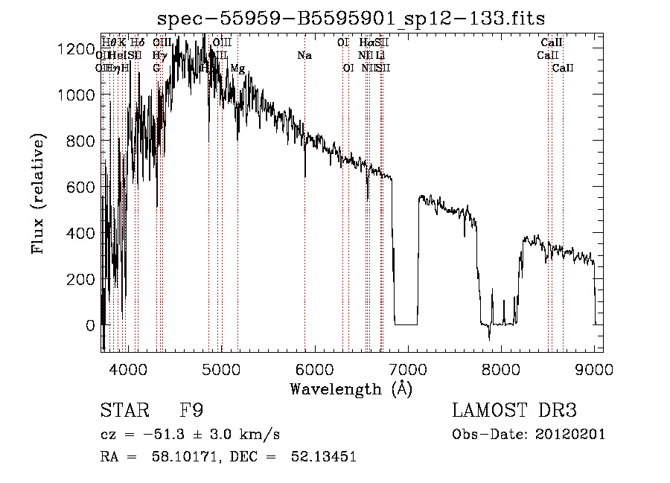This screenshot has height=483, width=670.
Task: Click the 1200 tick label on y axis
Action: point(77,49)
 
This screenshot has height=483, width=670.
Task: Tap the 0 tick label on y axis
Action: point(90,325)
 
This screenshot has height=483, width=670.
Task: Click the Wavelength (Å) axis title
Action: point(351,389)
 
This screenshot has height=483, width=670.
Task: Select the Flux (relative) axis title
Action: point(38,193)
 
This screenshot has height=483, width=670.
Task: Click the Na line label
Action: point(304,56)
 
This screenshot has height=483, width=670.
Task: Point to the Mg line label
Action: point(237,68)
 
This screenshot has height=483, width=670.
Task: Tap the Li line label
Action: point(380,56)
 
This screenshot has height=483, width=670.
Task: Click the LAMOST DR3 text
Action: point(514,411)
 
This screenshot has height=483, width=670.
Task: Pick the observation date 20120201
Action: point(569,435)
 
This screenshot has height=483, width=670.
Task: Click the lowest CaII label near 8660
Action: point(563,68)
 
